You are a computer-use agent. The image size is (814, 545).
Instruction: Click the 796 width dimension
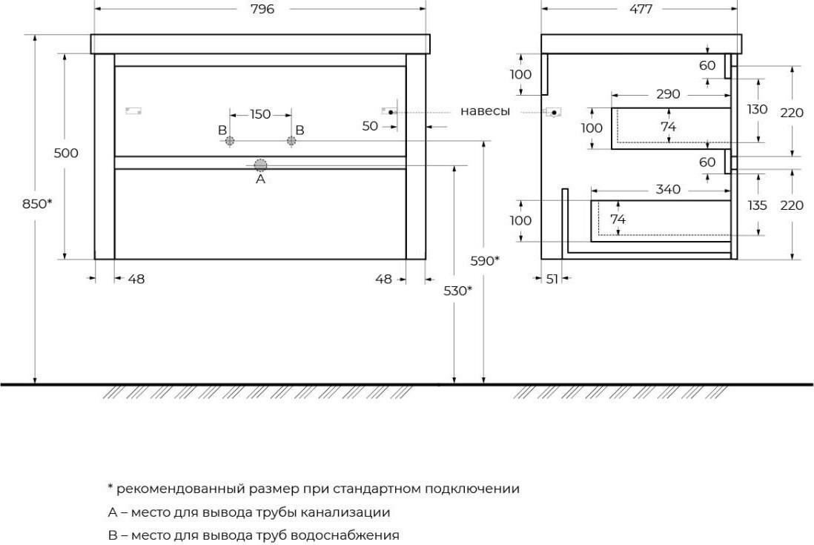pyautogui.click(x=262, y=10)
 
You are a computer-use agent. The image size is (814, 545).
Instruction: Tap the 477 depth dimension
pyautogui.click(x=641, y=10)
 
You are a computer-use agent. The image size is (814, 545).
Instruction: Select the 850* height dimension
pyautogui.click(x=37, y=204)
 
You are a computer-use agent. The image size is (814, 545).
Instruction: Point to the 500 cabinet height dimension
pyautogui.click(x=67, y=153)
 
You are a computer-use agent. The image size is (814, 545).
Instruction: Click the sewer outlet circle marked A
pyautogui.click(x=260, y=165)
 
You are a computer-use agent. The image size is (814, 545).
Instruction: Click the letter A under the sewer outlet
pyautogui.click(x=261, y=179)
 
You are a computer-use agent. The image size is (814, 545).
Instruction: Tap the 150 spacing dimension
pyautogui.click(x=260, y=114)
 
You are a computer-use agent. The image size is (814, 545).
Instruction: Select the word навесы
pyautogui.click(x=485, y=111)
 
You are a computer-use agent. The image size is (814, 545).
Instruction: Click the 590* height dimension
pyautogui.click(x=485, y=261)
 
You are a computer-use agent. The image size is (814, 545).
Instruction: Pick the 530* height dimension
pyautogui.click(x=458, y=291)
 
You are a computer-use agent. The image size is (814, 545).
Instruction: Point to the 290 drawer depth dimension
pyautogui.click(x=668, y=94)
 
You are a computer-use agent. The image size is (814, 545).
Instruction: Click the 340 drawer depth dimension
pyautogui.click(x=668, y=190)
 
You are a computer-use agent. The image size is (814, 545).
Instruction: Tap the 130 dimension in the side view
pyautogui.click(x=758, y=110)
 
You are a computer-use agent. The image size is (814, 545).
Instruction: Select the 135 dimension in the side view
pyautogui.click(x=758, y=205)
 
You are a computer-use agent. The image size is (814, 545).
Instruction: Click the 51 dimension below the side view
pyautogui.click(x=552, y=280)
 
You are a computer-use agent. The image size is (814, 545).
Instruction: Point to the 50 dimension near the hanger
pyautogui.click(x=370, y=126)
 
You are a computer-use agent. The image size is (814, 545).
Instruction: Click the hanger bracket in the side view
pyautogui.click(x=553, y=111)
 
